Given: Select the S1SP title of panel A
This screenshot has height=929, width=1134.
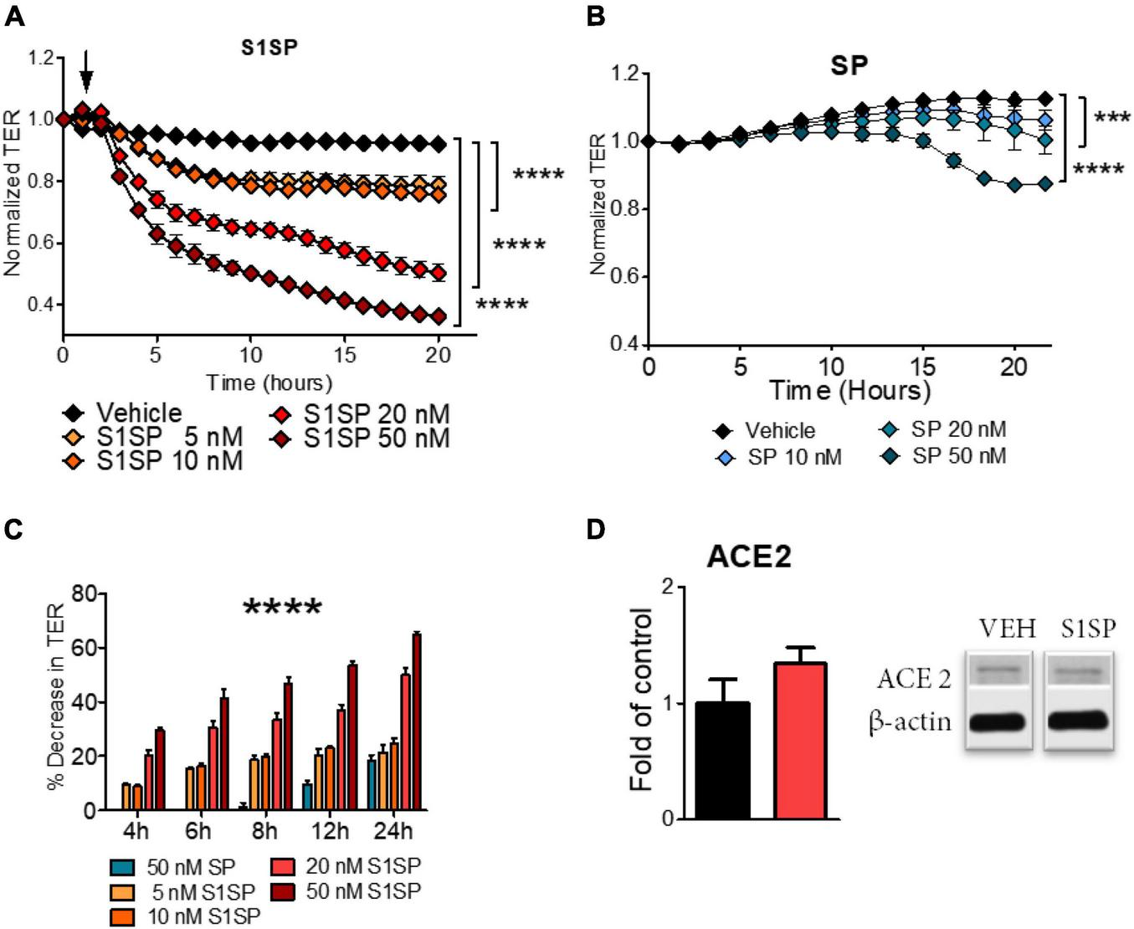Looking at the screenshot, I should (x=269, y=48).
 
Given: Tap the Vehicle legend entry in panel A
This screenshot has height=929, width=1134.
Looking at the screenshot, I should (x=124, y=413).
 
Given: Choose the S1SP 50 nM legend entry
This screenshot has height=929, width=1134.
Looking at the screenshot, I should (x=362, y=439).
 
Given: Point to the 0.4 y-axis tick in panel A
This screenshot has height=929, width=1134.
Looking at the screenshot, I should (x=40, y=305).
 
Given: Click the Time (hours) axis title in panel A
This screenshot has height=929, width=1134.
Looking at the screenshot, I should (x=269, y=383).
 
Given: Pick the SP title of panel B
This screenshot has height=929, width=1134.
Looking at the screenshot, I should (x=849, y=66).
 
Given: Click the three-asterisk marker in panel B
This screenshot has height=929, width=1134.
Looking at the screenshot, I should (x=1112, y=117).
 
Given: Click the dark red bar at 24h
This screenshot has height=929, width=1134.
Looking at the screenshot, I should (x=416, y=722).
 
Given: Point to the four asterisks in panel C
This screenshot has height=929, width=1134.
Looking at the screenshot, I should (x=282, y=606).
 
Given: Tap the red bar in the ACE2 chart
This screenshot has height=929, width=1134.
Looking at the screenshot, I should (x=800, y=741).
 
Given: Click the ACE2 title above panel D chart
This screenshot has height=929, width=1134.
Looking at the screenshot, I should (x=749, y=557).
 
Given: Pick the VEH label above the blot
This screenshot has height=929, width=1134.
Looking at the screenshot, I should (x=1008, y=628).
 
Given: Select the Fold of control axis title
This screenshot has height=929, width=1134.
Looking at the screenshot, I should (x=643, y=700).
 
